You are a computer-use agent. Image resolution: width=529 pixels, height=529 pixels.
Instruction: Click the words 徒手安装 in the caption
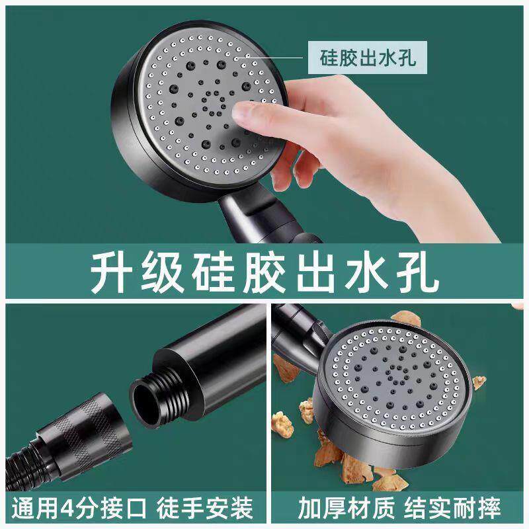click(x=204, y=509)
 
